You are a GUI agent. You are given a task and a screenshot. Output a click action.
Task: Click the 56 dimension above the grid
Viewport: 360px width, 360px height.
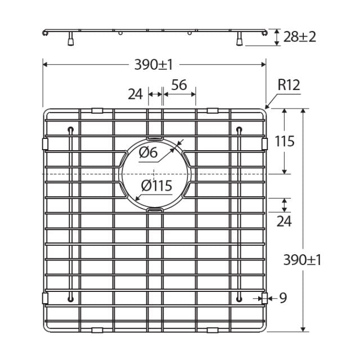click(179, 85)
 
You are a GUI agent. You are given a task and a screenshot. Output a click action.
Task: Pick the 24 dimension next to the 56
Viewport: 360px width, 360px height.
click(135, 93)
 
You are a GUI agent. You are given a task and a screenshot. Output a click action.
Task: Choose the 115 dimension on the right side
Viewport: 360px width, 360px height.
click(285, 141)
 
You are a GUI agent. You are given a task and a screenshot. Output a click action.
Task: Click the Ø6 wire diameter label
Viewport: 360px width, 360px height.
click(147, 152)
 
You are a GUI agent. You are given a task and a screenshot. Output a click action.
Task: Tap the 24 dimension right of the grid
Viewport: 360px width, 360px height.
click(284, 221)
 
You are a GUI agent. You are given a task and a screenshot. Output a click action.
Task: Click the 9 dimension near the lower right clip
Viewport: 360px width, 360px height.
click(283, 298)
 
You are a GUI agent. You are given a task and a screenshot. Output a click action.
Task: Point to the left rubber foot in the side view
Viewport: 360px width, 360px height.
click(71, 40)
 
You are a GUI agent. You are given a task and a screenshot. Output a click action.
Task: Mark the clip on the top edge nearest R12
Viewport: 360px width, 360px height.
click(212, 110)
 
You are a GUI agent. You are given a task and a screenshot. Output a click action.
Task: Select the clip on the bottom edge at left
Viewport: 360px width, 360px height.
click(97, 328)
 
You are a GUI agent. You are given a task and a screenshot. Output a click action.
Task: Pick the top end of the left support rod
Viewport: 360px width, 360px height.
click(70, 130)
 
